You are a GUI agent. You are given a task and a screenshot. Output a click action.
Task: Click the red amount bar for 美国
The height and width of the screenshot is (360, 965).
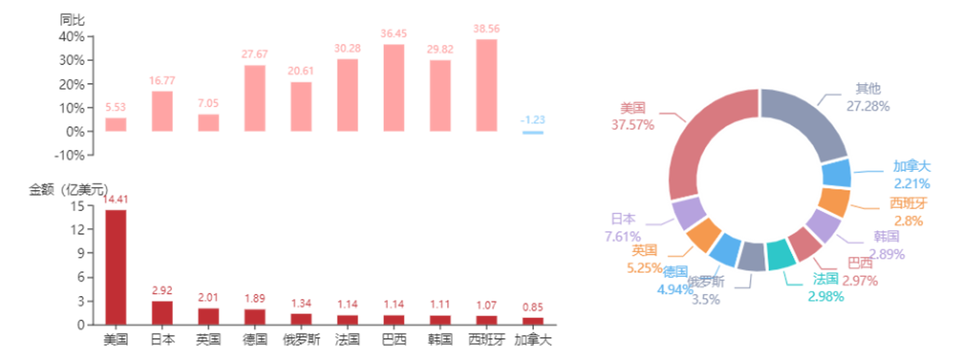[116, 267]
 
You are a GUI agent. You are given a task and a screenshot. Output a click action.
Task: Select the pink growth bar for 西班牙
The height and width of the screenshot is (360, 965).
[486, 86]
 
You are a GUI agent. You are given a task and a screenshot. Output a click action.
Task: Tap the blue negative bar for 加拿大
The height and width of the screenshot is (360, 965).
[532, 132]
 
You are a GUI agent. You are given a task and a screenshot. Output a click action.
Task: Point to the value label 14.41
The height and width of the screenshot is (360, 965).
[116, 200]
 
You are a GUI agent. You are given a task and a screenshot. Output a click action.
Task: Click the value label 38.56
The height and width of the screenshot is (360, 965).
[486, 29]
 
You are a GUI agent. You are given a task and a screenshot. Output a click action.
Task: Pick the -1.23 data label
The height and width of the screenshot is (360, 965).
[532, 120]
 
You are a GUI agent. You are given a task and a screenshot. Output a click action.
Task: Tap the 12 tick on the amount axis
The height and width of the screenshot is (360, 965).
[78, 230]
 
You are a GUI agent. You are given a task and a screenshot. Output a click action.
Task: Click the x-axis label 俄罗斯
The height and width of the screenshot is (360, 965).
[301, 340]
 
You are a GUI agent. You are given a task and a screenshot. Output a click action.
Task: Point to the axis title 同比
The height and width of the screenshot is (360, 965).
[72, 20]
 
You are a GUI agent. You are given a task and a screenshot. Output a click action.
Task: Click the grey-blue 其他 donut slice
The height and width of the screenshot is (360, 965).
[806, 122]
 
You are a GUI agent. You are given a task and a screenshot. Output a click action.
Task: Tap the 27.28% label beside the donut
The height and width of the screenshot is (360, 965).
[868, 106]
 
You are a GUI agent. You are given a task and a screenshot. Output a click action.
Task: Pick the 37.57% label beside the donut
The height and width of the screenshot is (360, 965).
[633, 124]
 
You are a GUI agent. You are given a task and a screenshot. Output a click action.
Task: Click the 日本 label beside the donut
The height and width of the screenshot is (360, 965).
[623, 219]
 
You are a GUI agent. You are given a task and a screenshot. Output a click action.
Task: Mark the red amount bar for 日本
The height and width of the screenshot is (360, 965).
[162, 312]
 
